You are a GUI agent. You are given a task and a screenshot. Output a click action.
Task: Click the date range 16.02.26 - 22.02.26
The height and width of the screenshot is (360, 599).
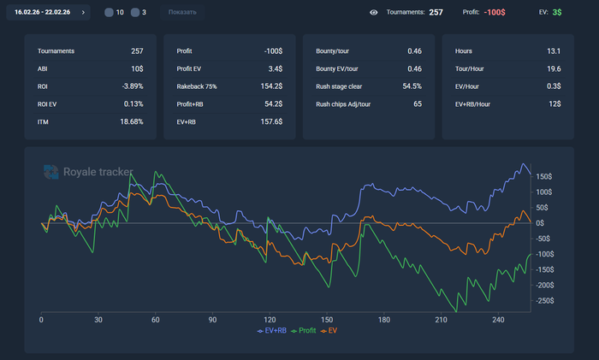[x=43, y=13]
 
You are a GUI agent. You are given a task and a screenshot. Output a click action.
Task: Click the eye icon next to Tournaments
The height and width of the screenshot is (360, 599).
[x=374, y=13]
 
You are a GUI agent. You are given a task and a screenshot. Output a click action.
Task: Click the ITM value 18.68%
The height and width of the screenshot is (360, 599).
[x=131, y=122]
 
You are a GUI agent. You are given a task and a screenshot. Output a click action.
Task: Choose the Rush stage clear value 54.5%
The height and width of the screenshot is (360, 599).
[x=411, y=86]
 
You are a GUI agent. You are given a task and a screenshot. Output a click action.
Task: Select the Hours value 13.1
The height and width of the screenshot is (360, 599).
[x=554, y=51]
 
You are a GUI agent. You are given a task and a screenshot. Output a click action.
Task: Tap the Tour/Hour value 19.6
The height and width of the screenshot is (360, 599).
[x=554, y=68]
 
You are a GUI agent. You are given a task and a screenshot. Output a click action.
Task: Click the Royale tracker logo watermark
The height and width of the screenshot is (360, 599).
[x=88, y=172]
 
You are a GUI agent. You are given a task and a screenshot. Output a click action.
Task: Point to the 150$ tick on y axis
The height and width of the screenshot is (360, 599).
[x=545, y=177]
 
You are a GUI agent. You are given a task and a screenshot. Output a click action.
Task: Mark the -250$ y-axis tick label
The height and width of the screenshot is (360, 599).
[x=545, y=301]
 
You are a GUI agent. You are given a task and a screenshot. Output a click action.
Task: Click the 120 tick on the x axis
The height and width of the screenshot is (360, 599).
[x=270, y=320]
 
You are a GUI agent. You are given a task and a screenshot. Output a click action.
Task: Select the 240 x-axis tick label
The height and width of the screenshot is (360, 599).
[x=497, y=320]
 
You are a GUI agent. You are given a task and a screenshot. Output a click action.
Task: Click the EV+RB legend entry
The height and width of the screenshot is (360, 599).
[x=272, y=330]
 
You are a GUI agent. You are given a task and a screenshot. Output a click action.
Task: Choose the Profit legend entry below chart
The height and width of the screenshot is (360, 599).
[x=305, y=330]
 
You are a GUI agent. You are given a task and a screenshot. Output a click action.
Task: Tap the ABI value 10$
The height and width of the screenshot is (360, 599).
[x=137, y=68]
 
